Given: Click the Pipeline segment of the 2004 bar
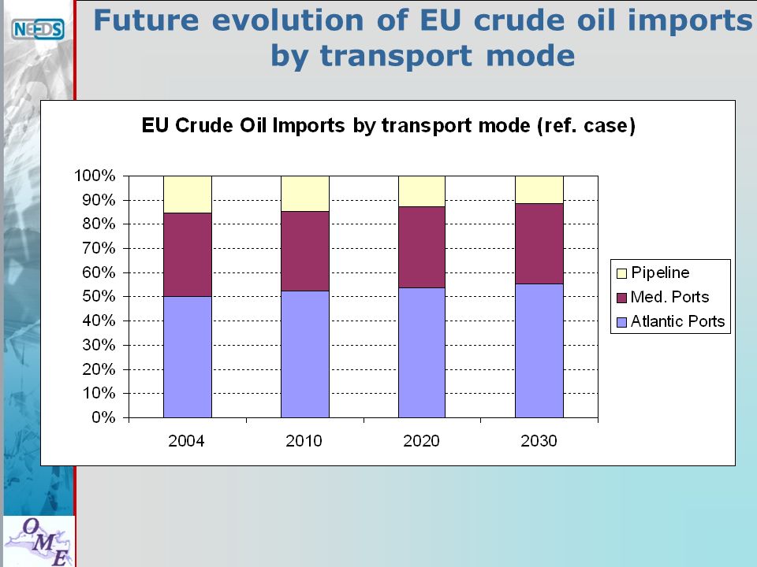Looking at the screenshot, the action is pos(188,195).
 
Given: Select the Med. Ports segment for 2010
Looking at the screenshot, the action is pos(305,251).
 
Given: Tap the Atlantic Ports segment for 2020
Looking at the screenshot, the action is pos(421,353).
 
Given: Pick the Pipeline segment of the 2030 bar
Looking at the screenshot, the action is pos(539,190).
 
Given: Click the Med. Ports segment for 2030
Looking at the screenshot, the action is pos(539,244).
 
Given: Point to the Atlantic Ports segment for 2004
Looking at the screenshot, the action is pos(188,357).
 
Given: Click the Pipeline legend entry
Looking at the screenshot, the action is pos(653,273).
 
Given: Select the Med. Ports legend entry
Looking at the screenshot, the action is pos(663,297).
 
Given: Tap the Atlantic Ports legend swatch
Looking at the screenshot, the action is pos(622,322).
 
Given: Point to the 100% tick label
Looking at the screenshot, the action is pos(95,176).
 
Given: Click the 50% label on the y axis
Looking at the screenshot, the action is pos(99,296).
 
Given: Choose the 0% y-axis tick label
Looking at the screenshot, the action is pos(103,417).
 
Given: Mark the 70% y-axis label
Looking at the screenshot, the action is pos(99,248).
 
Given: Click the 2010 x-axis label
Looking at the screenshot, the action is pos(304,441).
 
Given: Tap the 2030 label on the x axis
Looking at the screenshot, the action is pos(539,441).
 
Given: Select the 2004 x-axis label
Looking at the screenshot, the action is pos(186,441).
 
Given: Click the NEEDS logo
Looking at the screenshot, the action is pos(38,29).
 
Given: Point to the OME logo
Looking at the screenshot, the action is pos(39,542).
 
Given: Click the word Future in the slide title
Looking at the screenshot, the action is pos(146,21).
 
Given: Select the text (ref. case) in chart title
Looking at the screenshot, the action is pos(586,126).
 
